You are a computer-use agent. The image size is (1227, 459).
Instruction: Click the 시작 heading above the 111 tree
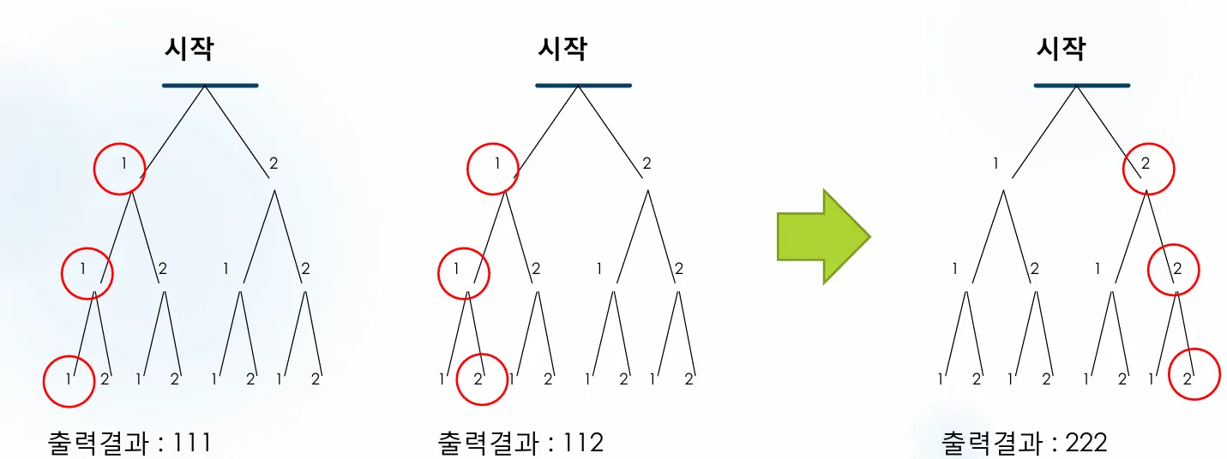[189, 49]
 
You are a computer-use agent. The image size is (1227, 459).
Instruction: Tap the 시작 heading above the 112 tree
[562, 49]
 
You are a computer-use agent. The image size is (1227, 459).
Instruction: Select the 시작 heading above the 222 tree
[1061, 49]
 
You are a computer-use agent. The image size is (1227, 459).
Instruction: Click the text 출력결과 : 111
[129, 443]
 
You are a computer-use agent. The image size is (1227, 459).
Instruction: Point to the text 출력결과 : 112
[520, 443]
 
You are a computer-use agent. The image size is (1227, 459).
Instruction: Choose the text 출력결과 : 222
[1025, 443]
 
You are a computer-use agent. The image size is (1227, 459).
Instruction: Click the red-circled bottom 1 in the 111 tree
[69, 379]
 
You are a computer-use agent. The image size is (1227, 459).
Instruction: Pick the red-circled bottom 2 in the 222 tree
[1188, 379]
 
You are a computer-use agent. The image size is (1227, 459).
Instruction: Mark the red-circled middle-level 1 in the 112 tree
[457, 270]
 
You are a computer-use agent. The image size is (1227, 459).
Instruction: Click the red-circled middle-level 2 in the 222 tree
[1177, 270]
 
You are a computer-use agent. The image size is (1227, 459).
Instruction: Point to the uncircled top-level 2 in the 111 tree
[274, 163]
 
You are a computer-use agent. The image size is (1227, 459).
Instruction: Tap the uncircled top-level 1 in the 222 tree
[995, 163]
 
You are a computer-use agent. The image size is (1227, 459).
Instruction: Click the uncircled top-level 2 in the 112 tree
[647, 163]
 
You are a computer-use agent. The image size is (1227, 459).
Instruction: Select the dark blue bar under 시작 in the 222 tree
[1081, 86]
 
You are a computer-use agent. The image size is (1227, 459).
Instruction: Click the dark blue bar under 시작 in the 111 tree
[210, 86]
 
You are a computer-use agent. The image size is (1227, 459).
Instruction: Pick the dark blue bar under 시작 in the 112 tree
[583, 86]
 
